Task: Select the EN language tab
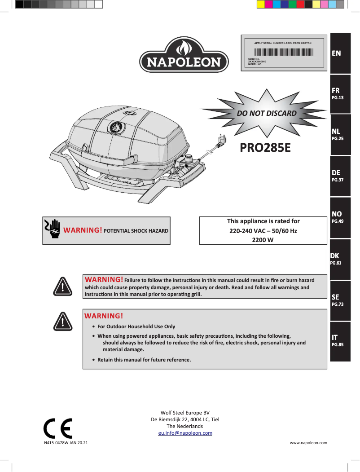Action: (340, 53)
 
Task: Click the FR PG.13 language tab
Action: (340, 93)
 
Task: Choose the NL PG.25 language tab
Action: (340, 135)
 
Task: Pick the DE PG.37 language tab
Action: (340, 176)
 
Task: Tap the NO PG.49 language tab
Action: (340, 217)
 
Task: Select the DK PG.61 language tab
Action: (340, 259)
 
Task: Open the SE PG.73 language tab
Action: (340, 300)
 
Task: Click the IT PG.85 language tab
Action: (340, 341)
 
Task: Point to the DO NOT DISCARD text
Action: (267, 113)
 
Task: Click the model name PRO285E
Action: (265, 147)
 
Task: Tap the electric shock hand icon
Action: (53, 228)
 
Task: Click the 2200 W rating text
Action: (263, 240)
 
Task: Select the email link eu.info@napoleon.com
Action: (185, 433)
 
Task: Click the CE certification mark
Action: (57, 428)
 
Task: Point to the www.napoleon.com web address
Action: (308, 443)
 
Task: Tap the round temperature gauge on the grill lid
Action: (116, 128)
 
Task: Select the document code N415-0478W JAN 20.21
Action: (66, 443)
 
